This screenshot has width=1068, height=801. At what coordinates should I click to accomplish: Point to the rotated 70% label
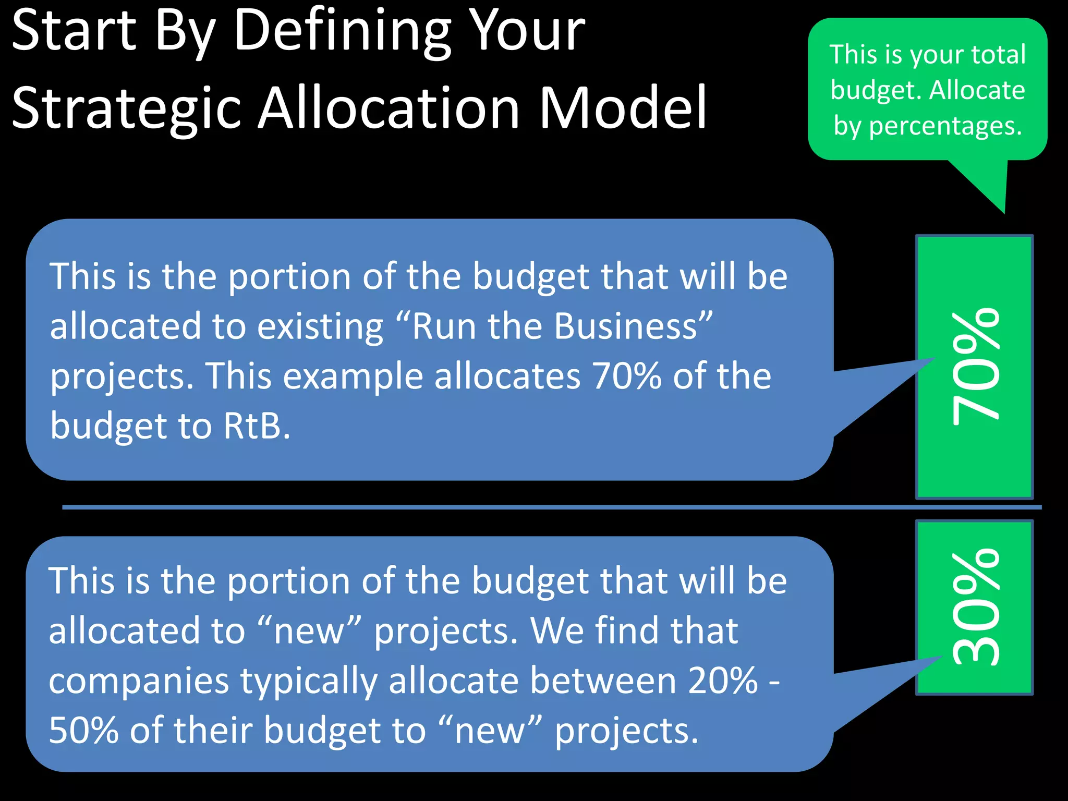click(x=975, y=367)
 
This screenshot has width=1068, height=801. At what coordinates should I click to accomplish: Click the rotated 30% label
click(x=975, y=608)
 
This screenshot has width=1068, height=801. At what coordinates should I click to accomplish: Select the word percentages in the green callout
click(x=945, y=126)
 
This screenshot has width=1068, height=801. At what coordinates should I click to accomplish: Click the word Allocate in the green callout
click(x=977, y=90)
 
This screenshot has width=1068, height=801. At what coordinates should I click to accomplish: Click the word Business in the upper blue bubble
click(x=626, y=326)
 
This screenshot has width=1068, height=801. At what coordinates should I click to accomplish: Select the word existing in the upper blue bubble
click(x=320, y=327)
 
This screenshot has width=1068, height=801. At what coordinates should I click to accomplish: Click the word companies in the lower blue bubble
click(x=139, y=681)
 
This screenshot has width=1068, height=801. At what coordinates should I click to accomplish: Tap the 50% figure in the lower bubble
click(x=84, y=730)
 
